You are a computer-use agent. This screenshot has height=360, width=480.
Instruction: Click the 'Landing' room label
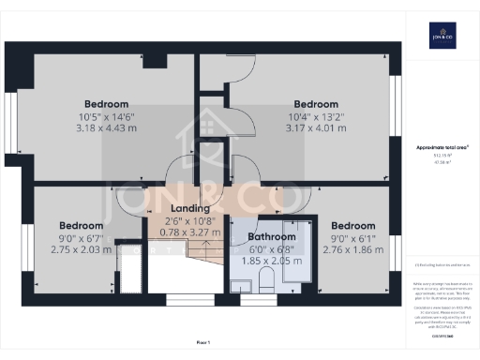(x=190, y=208)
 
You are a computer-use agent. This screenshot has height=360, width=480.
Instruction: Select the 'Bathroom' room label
(x=271, y=237)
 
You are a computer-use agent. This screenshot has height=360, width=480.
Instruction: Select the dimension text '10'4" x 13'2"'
(x=316, y=116)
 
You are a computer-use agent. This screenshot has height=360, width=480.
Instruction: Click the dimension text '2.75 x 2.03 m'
(x=81, y=249)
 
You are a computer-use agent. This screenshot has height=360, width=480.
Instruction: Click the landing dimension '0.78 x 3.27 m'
(x=190, y=232)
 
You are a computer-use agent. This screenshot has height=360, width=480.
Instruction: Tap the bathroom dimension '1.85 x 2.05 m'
(x=271, y=261)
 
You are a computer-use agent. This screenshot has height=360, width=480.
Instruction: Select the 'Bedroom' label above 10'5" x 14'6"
(x=107, y=104)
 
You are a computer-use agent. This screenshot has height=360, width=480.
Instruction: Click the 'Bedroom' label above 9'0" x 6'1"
(x=352, y=226)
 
